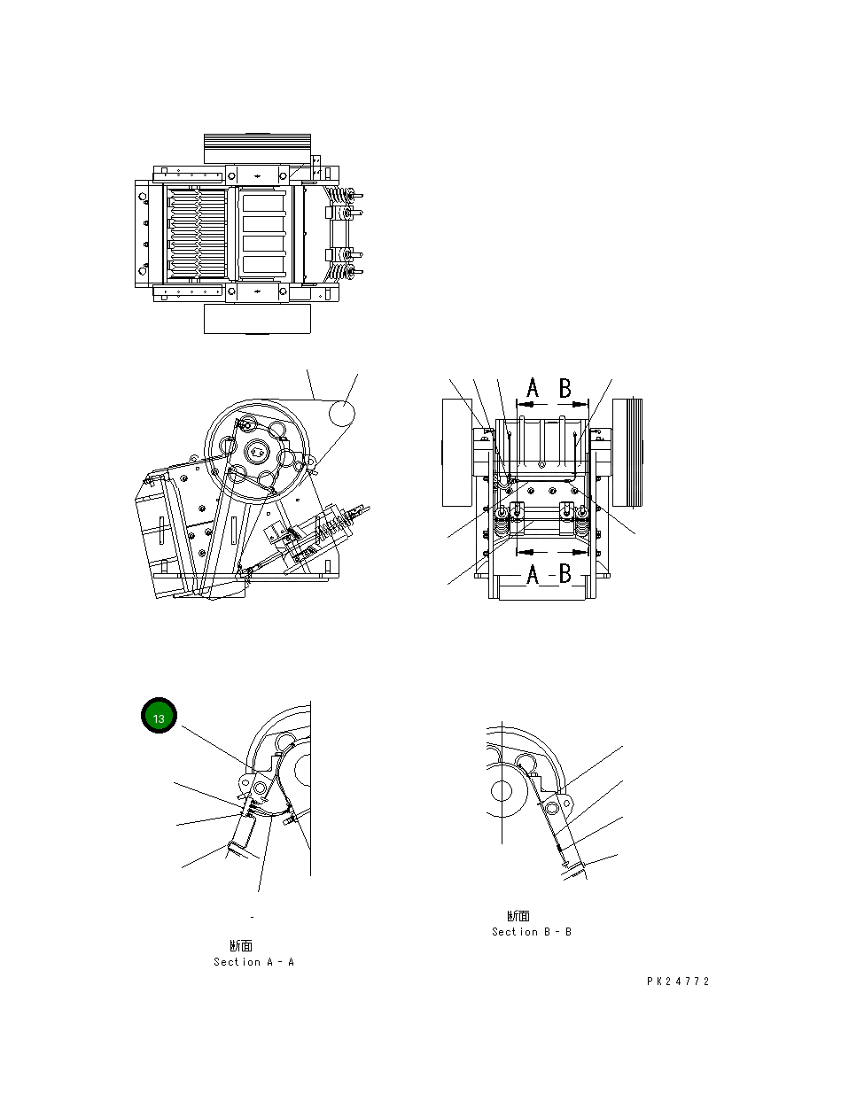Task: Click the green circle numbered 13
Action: pyautogui.click(x=160, y=718)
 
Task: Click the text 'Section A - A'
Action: pyautogui.click(x=253, y=962)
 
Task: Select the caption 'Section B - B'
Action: pyautogui.click(x=532, y=932)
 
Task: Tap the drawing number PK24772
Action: pyautogui.click(x=678, y=982)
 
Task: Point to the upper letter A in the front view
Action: pyautogui.click(x=533, y=388)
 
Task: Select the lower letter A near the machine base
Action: pyautogui.click(x=533, y=576)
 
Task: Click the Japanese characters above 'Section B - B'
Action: pyautogui.click(x=518, y=916)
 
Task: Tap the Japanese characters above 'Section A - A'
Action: pyautogui.click(x=241, y=946)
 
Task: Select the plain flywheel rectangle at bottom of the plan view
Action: pyautogui.click(x=257, y=319)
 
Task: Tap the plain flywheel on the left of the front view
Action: pyautogui.click(x=457, y=452)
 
